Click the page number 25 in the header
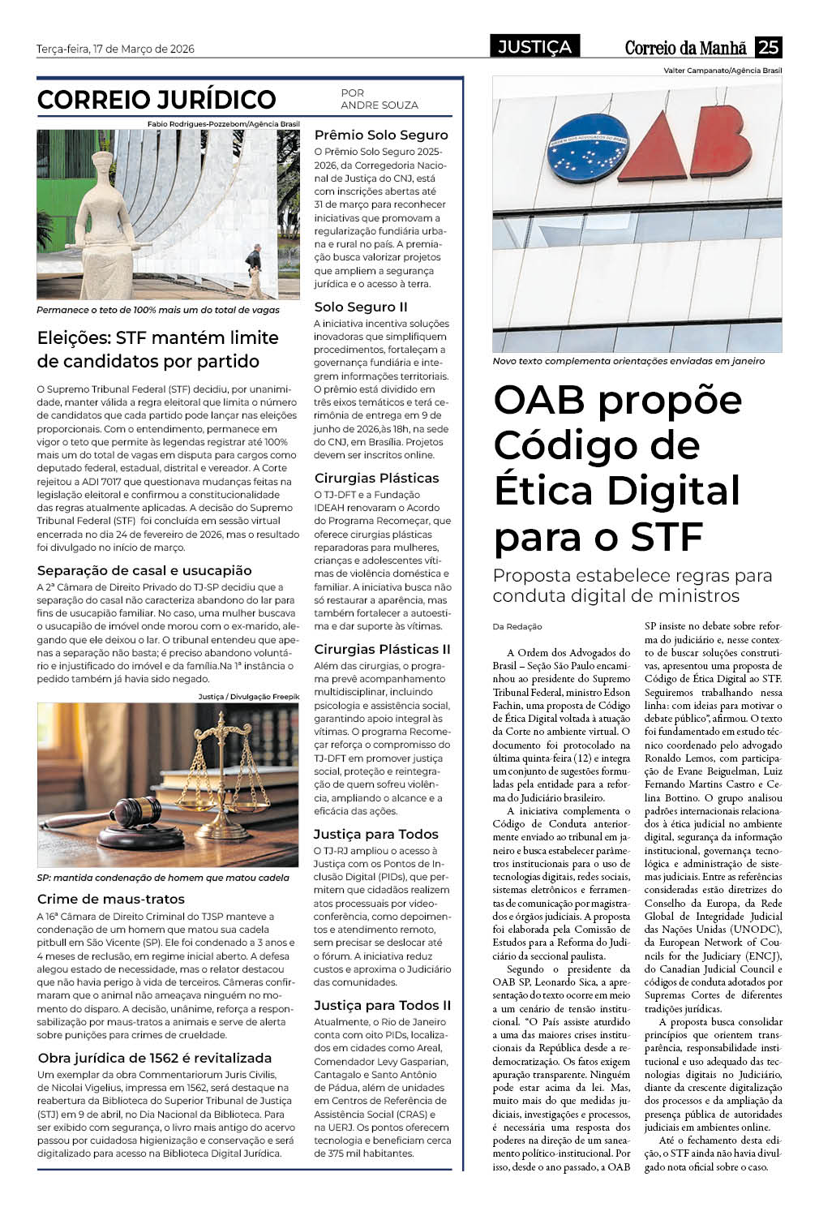(768, 47)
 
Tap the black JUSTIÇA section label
(534, 47)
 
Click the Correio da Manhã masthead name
(685, 48)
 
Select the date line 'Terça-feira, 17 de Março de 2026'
(115, 49)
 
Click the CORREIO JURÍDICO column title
(157, 100)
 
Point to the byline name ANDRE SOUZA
(379, 105)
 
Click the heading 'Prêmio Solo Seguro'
(381, 135)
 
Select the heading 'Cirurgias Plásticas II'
(382, 649)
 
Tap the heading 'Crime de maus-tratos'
(111, 899)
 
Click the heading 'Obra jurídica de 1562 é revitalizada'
(155, 1058)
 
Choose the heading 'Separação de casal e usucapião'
(144, 570)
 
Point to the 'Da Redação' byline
(517, 626)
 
